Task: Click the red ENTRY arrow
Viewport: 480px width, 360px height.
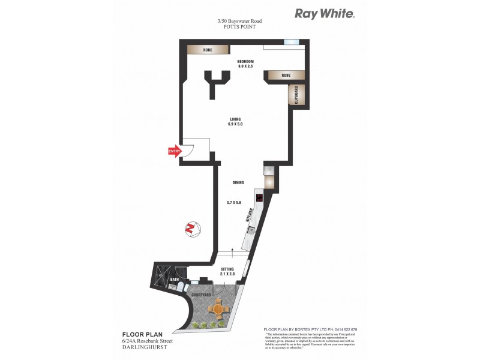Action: pyautogui.click(x=174, y=151)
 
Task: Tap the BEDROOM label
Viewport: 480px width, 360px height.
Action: pyautogui.click(x=245, y=61)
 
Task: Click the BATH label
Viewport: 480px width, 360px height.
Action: pyautogui.click(x=175, y=280)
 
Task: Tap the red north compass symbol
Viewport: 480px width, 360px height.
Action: pyautogui.click(x=191, y=228)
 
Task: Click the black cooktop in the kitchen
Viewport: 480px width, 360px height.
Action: pyautogui.click(x=259, y=198)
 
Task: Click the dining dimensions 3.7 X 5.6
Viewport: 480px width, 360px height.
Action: pyautogui.click(x=234, y=203)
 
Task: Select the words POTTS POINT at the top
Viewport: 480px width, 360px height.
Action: pyautogui.click(x=239, y=27)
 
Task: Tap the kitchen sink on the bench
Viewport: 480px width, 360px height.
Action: pyautogui.click(x=253, y=230)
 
